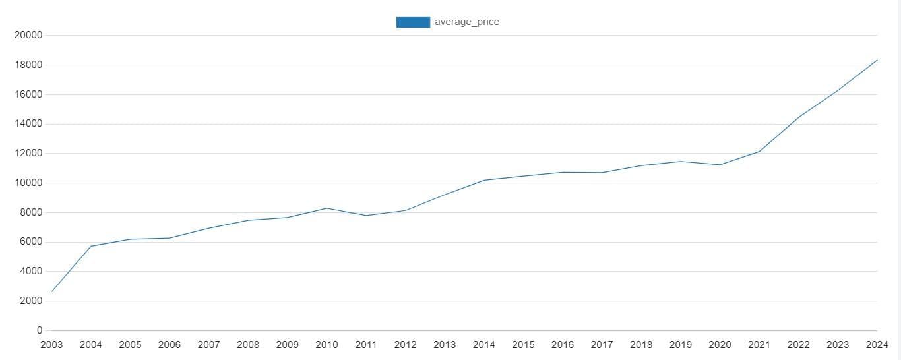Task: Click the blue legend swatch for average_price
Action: (413, 22)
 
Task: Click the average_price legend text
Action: (466, 22)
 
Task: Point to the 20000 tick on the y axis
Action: (28, 35)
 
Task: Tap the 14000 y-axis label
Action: (28, 124)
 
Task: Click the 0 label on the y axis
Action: (40, 330)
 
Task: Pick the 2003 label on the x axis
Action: (51, 345)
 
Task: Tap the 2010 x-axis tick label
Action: (326, 345)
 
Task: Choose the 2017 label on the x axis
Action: (602, 345)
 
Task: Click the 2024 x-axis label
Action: (877, 345)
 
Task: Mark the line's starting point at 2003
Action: (51, 291)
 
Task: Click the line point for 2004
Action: (91, 246)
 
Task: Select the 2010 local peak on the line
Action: (326, 208)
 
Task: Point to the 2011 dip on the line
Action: (366, 216)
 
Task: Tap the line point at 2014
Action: (484, 180)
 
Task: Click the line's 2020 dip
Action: (720, 165)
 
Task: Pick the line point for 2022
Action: (798, 118)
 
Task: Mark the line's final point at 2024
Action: (877, 60)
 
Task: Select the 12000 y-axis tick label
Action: (28, 154)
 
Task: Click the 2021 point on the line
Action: (759, 152)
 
